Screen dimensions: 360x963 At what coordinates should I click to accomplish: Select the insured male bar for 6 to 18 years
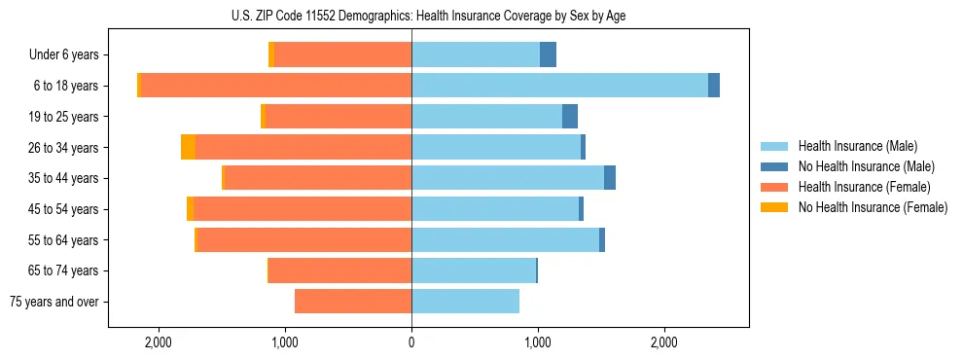click(559, 86)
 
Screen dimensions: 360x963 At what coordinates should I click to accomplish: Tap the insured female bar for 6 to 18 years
click(276, 86)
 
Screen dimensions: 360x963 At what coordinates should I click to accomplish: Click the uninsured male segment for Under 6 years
click(548, 54)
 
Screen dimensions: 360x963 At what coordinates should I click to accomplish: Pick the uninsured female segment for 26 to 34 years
click(188, 147)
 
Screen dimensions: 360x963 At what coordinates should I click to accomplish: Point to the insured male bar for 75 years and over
click(465, 302)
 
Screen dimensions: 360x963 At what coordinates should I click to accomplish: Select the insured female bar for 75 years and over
click(352, 302)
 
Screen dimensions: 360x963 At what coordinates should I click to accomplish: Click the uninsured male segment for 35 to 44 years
click(610, 178)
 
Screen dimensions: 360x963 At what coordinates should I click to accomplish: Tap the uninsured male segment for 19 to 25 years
click(570, 117)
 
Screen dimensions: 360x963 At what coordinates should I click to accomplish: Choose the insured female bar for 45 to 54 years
click(302, 209)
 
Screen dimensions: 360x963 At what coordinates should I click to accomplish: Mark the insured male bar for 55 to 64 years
click(505, 240)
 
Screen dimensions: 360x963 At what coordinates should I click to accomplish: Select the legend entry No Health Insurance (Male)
click(865, 166)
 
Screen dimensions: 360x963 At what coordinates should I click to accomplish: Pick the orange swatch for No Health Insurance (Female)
click(774, 207)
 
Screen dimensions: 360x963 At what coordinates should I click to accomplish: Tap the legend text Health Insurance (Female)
click(865, 187)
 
